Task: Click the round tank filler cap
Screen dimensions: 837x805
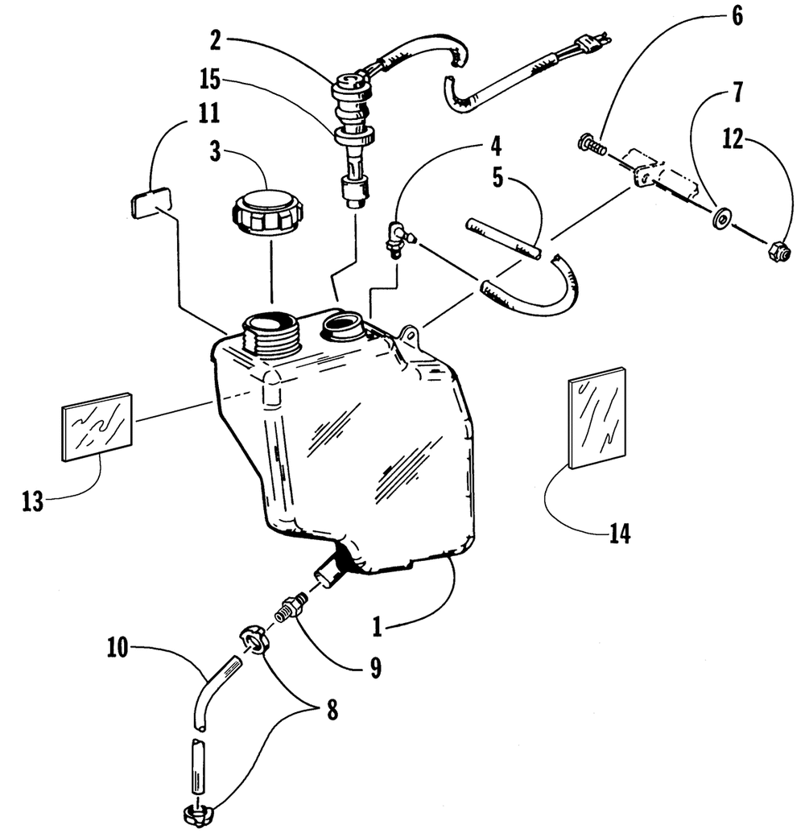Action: coord(268,211)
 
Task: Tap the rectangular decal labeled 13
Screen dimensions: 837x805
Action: coord(97,427)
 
